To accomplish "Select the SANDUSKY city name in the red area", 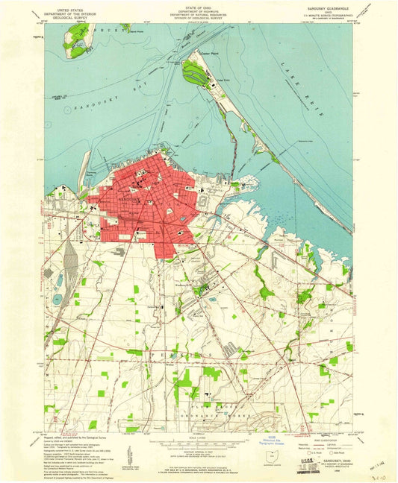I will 131,201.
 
